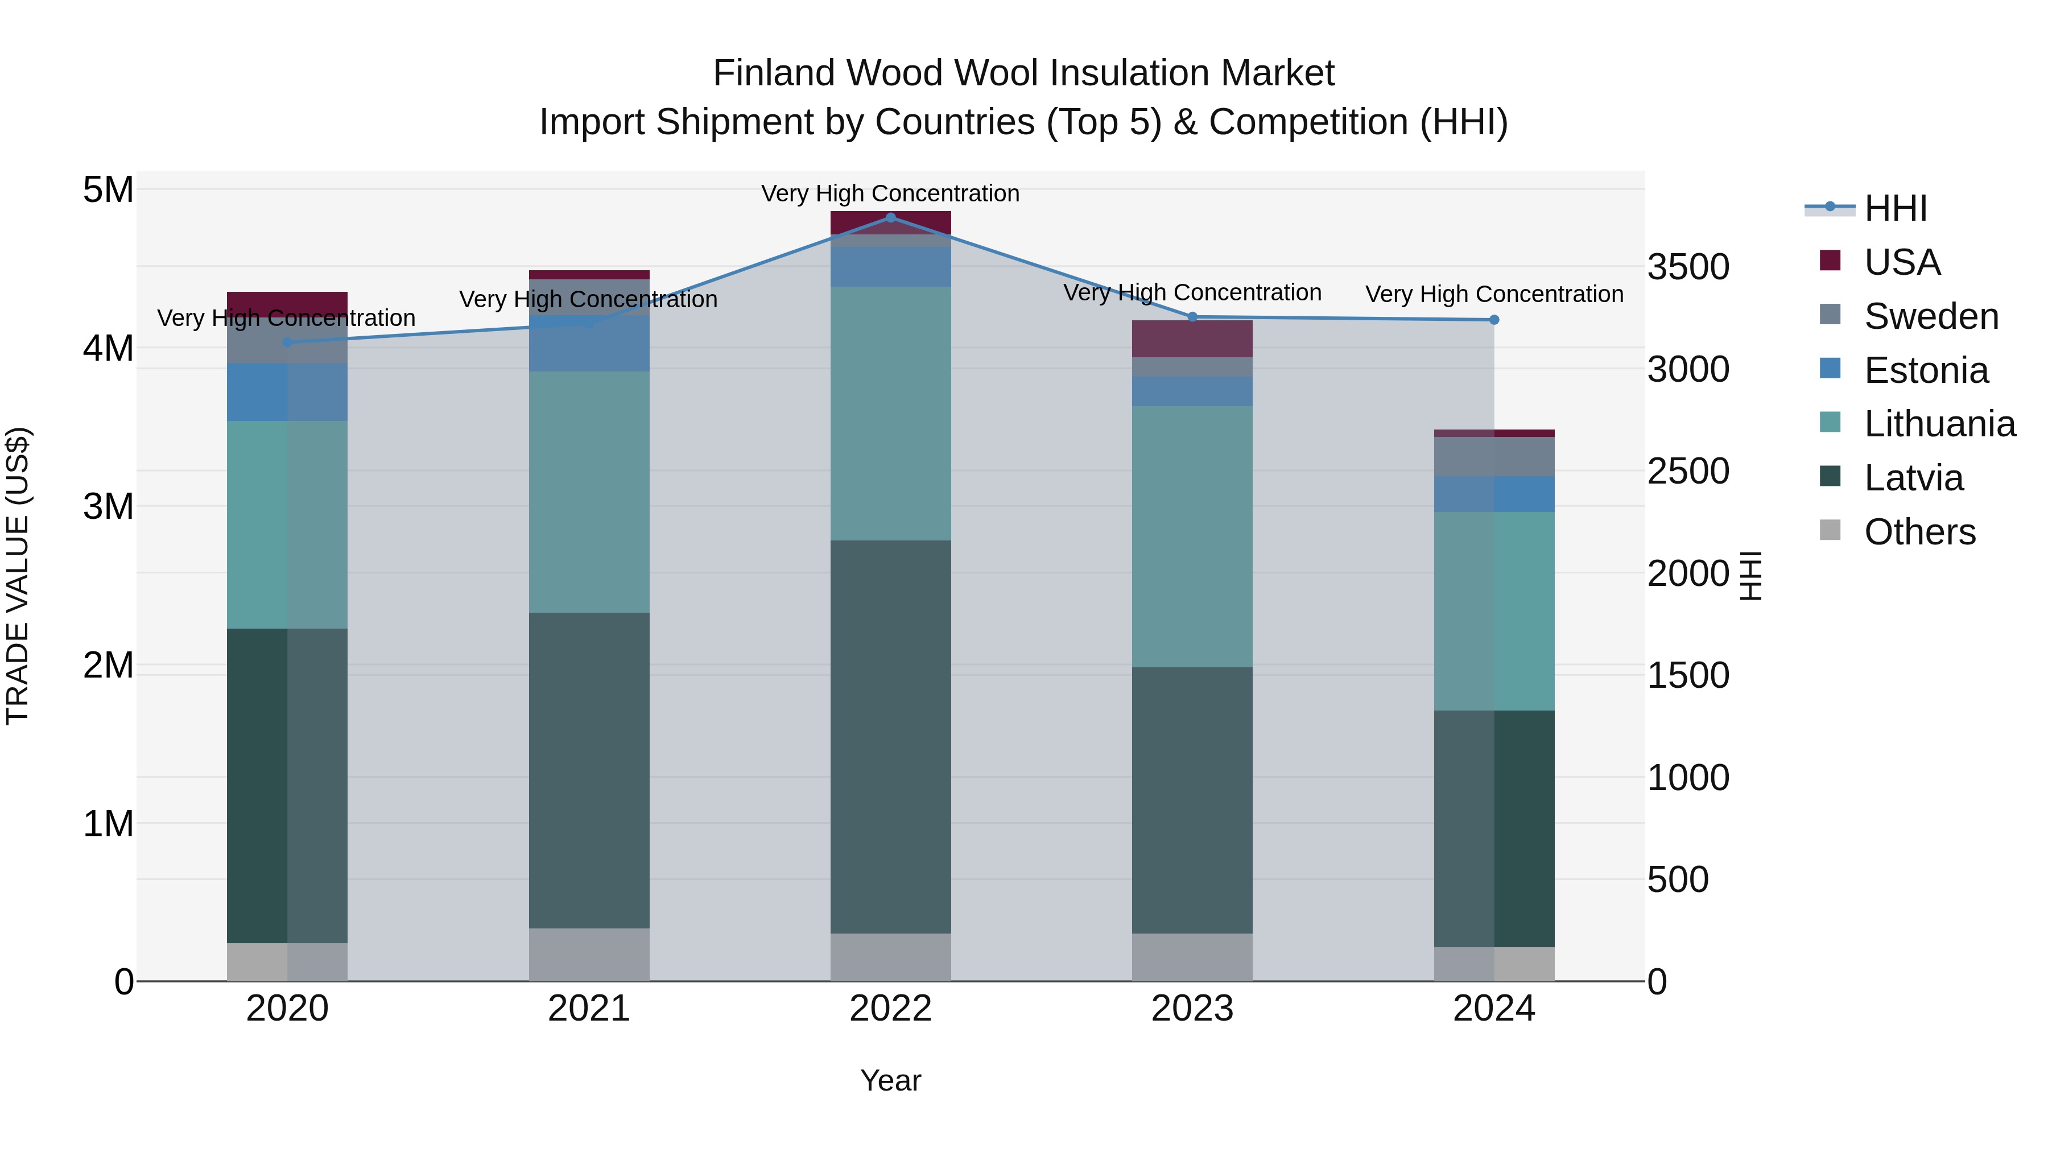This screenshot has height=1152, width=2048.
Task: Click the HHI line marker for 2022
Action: pyautogui.click(x=890, y=217)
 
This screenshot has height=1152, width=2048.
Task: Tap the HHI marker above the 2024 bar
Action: pyautogui.click(x=1494, y=320)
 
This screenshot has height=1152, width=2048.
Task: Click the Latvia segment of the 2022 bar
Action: pyautogui.click(x=890, y=736)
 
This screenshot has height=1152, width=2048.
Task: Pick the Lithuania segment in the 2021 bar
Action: pyautogui.click(x=589, y=492)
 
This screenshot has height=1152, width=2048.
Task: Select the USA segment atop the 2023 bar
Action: pyautogui.click(x=1192, y=338)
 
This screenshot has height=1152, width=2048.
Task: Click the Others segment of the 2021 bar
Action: pyautogui.click(x=589, y=954)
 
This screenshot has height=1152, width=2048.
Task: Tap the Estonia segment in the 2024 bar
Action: pyautogui.click(x=1494, y=494)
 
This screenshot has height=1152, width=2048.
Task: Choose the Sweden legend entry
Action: pyautogui.click(x=1930, y=316)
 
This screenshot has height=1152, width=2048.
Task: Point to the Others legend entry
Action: pyautogui.click(x=1919, y=532)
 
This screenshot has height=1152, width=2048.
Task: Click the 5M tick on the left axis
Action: pyautogui.click(x=109, y=190)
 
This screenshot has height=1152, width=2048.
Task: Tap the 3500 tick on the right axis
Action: pyautogui.click(x=1688, y=267)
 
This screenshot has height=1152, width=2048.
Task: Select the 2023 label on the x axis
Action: pyautogui.click(x=1192, y=1009)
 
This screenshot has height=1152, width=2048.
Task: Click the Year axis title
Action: pyautogui.click(x=890, y=1080)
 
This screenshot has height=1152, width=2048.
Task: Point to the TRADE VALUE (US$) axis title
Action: pyautogui.click(x=18, y=576)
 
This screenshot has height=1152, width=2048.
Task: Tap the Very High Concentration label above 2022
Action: pyautogui.click(x=890, y=193)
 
